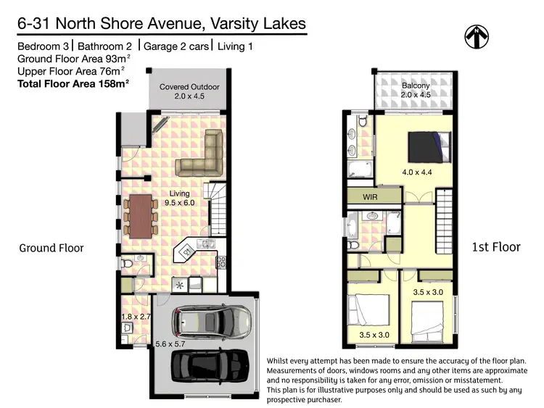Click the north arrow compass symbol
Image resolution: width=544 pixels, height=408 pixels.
tap(476, 36)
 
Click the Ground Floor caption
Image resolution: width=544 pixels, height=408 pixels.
tap(51, 248)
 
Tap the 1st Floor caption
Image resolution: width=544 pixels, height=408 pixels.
tap(496, 247)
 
